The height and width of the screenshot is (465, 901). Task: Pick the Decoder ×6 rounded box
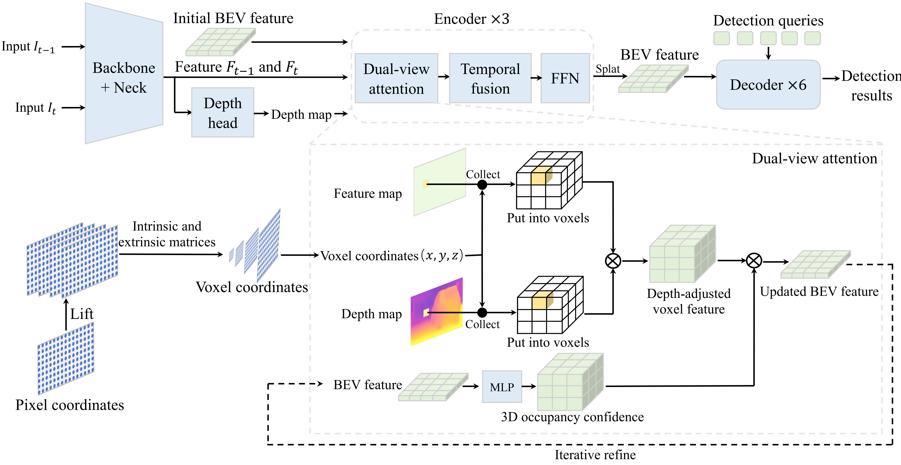[x=768, y=85]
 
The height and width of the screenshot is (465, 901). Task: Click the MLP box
[x=502, y=387]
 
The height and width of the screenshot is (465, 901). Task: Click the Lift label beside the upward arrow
[x=82, y=314]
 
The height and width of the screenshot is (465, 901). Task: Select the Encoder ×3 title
[x=471, y=19]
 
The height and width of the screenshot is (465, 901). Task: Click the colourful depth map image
[x=437, y=312]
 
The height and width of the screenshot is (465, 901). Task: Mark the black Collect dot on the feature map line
[x=482, y=185]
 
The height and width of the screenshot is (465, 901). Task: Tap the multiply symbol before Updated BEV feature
[x=754, y=261]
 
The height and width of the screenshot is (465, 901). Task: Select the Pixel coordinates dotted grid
[x=66, y=359]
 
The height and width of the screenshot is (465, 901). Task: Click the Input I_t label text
[x=35, y=108]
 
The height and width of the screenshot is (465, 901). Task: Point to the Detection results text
[x=871, y=86]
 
